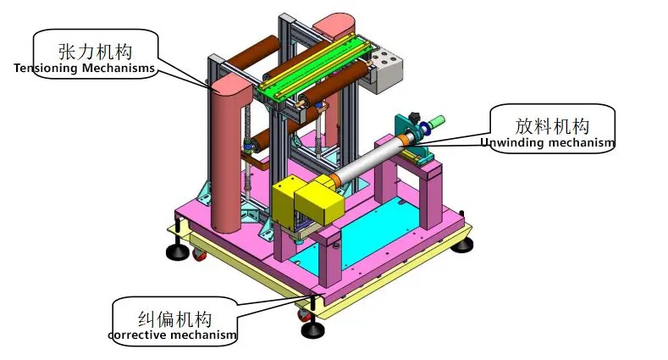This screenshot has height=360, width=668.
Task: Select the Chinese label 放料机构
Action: [553, 125]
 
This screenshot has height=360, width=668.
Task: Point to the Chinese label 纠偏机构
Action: [174, 319]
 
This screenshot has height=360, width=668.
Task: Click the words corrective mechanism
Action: [173, 336]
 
